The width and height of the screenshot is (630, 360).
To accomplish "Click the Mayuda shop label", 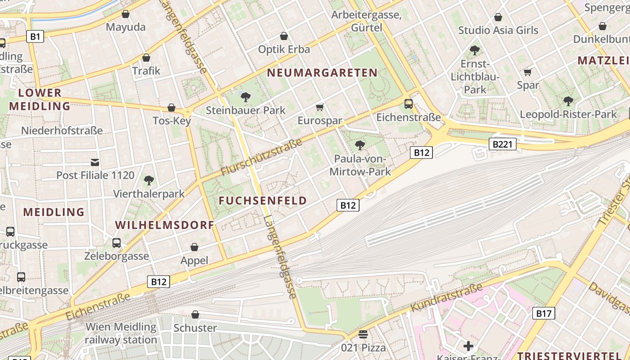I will [126, 27].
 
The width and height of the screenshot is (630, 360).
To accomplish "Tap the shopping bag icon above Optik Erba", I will [284, 36].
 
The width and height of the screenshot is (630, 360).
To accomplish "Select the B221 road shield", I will [502, 144].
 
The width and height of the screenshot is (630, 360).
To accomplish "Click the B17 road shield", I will [543, 313].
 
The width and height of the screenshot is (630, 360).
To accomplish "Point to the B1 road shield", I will [35, 36].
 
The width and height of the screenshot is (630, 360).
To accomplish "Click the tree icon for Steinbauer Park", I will [246, 97].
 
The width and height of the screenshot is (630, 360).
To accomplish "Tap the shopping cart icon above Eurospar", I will [320, 107].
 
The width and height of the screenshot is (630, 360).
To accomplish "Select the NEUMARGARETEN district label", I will [322, 73].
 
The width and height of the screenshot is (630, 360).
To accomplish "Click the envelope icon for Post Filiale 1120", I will [95, 162].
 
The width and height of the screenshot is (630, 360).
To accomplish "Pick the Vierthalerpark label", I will [149, 194].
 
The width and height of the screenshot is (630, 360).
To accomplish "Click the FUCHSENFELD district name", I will [263, 201].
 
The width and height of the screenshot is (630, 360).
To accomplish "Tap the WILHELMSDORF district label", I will [164, 225].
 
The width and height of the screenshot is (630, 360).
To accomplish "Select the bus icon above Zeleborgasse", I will [117, 243].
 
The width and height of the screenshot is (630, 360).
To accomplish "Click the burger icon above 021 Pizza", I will [363, 334].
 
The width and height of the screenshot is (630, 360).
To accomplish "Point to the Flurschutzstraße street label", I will [261, 157].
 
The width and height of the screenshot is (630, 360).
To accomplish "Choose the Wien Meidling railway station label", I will [121, 333].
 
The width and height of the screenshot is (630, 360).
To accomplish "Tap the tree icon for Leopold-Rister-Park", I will [568, 101].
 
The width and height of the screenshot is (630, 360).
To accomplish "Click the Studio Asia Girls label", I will [498, 31].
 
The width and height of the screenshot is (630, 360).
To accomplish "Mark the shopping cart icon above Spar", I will [528, 72].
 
